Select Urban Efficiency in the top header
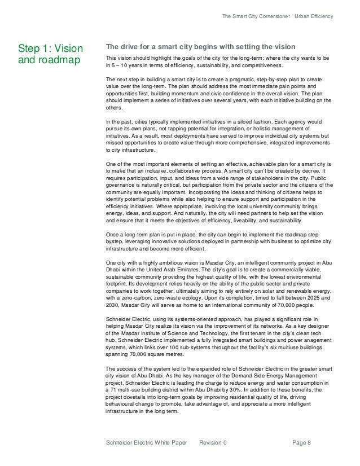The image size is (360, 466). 314,16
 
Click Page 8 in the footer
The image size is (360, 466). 302,443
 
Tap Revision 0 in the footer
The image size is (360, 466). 213,443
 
